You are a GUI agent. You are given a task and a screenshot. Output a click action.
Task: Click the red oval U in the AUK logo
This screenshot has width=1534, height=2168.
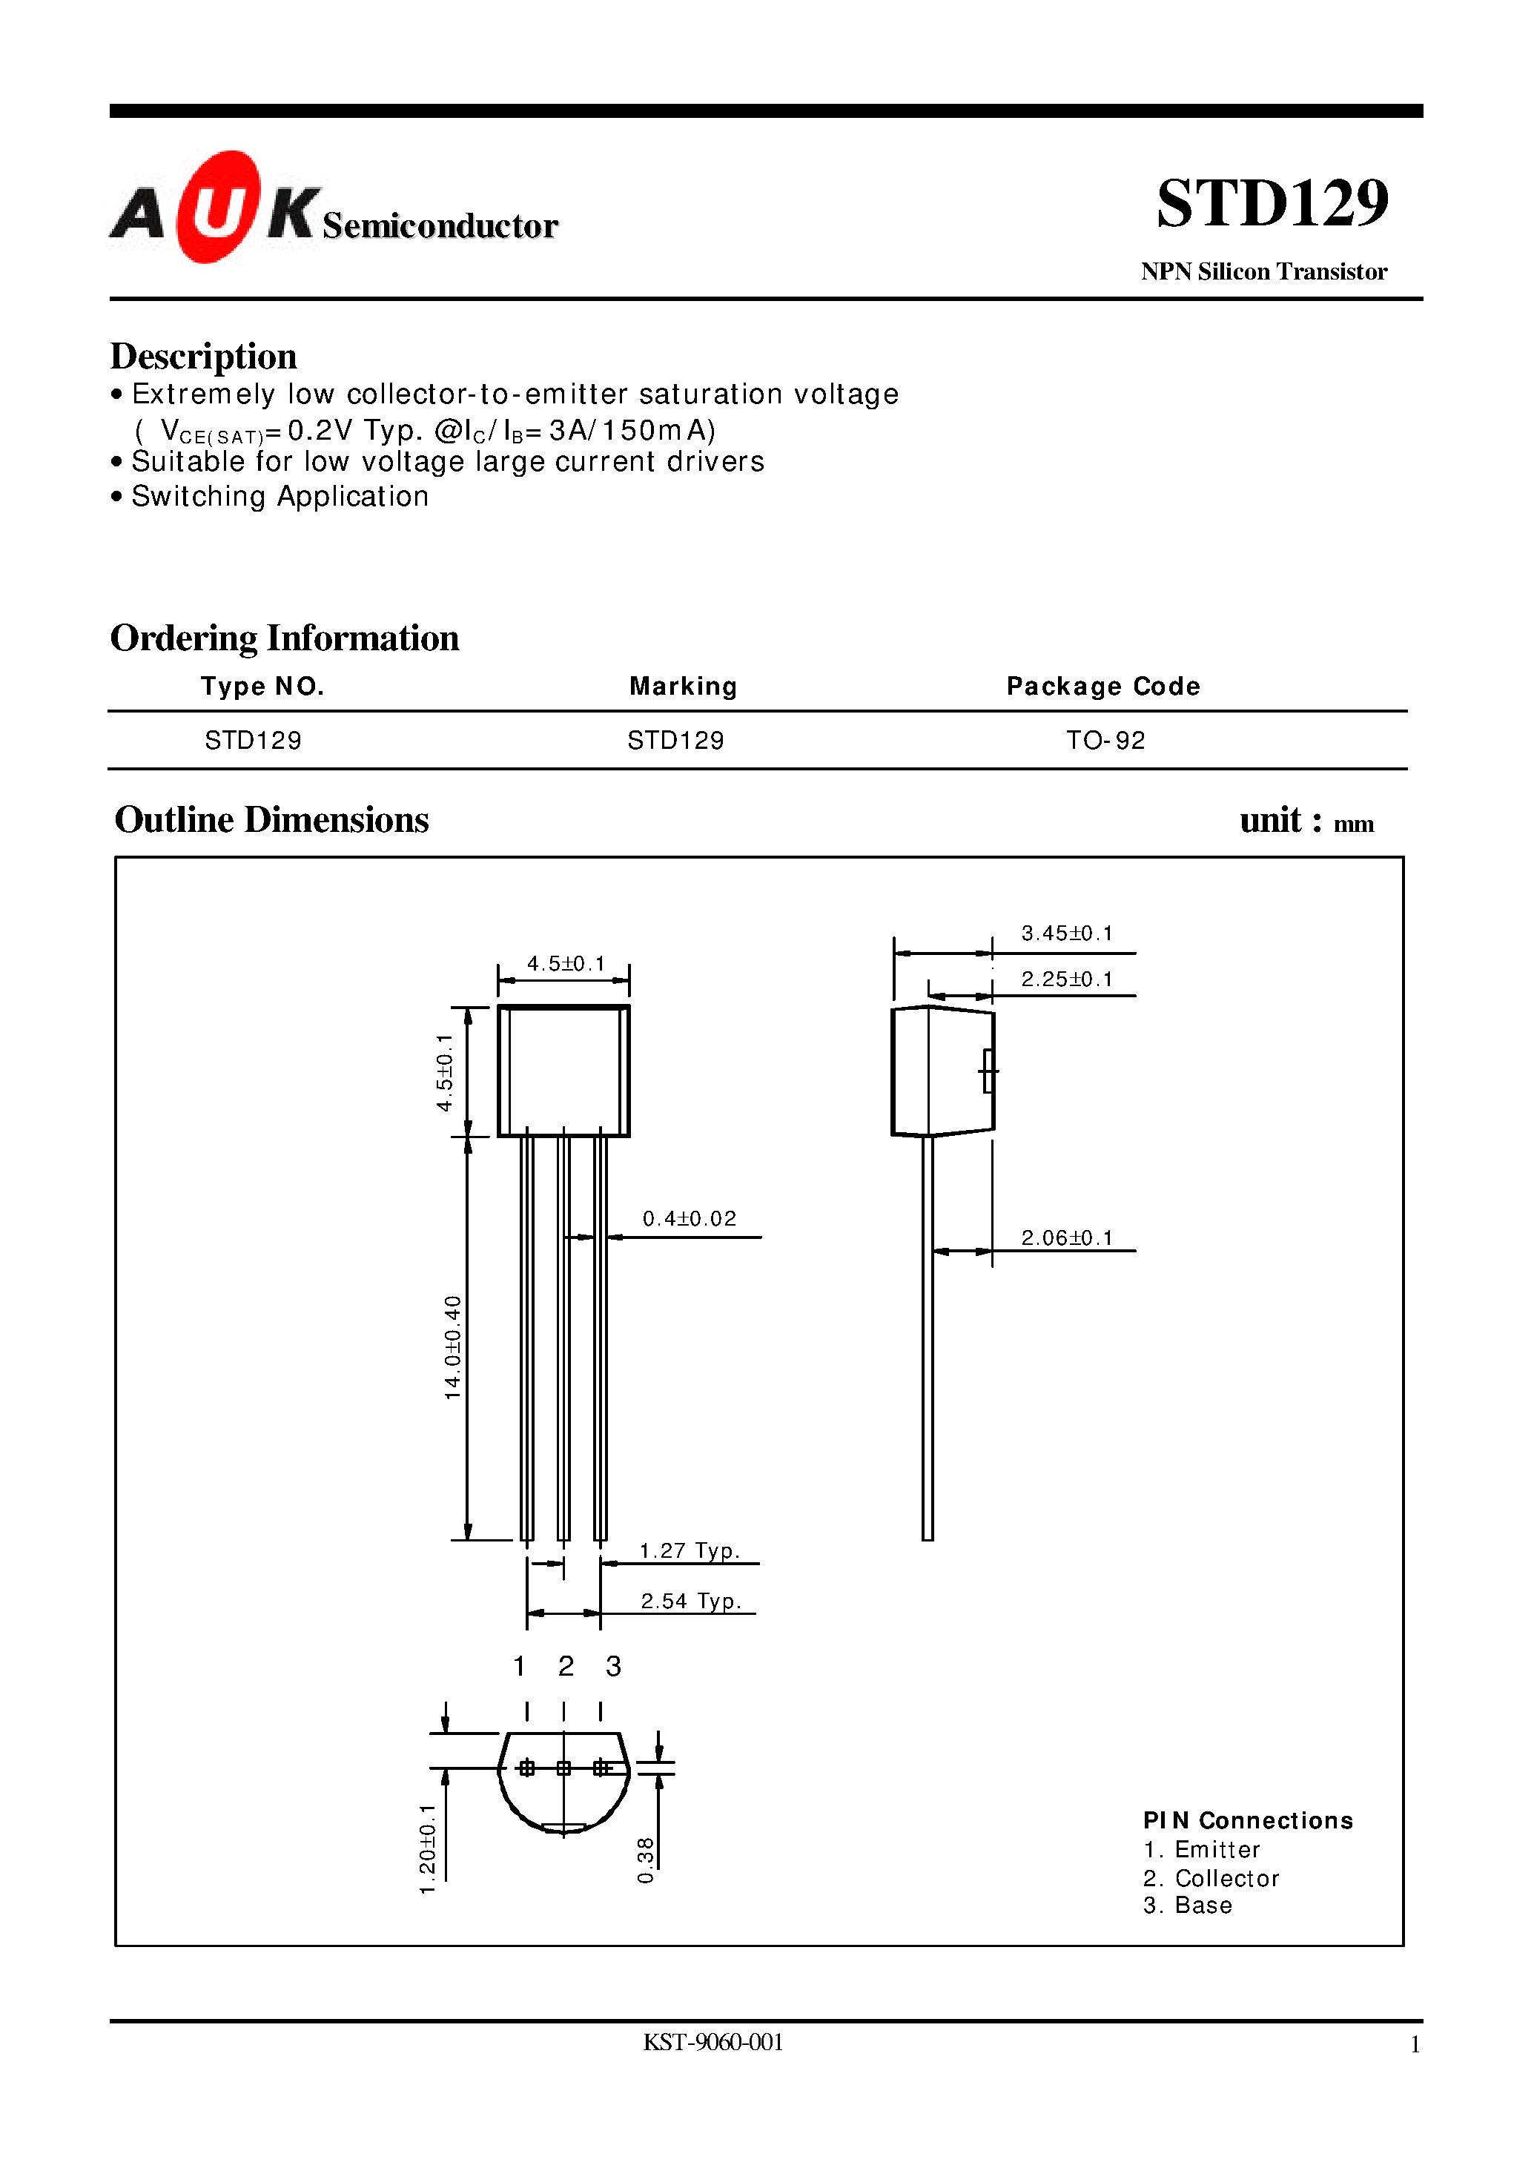point(217,207)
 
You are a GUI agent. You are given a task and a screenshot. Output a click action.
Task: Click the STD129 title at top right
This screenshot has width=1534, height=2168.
point(1272,203)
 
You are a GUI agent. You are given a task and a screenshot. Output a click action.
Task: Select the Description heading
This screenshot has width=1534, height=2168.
point(203,356)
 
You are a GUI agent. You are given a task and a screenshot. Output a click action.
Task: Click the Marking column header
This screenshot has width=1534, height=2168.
point(683,687)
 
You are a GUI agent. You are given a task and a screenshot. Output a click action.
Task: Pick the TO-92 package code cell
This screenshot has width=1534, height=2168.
point(1105,741)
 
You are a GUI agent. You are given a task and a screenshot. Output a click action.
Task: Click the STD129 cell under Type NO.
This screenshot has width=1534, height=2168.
point(253,741)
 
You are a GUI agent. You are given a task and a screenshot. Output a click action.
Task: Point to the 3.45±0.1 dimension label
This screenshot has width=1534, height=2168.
point(1066,933)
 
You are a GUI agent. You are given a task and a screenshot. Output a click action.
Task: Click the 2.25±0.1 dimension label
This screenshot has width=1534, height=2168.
point(1066,979)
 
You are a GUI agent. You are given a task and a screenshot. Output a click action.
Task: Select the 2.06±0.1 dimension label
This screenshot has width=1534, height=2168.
point(1066,1237)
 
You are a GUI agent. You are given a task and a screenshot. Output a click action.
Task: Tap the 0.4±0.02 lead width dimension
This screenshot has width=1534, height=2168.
point(689,1219)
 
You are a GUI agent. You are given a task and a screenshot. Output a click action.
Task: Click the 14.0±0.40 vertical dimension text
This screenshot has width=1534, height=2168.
point(454,1347)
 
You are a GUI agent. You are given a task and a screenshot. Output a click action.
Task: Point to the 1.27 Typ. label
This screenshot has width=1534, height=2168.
point(689,1550)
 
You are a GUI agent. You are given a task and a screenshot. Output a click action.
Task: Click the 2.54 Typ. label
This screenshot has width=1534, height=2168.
point(690,1602)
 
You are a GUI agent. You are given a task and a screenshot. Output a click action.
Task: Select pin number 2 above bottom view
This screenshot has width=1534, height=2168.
point(565,1666)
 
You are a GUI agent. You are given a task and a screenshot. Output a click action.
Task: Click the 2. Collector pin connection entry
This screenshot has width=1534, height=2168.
point(1210,1879)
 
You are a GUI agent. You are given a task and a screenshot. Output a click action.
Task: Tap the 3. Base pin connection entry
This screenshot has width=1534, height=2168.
point(1187,1906)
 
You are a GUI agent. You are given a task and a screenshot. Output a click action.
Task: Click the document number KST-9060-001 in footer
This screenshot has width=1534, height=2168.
point(713,2043)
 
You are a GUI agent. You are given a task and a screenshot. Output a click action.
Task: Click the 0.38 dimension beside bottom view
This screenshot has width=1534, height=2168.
point(646,1859)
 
